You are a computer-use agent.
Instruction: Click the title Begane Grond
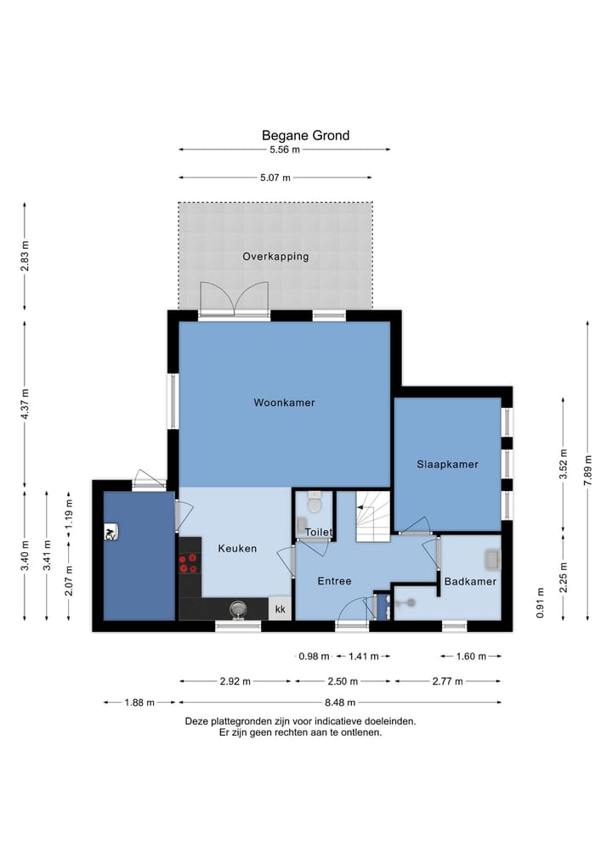(x=305, y=136)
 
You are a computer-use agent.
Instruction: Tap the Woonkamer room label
(x=285, y=403)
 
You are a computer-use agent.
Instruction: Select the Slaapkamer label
(x=448, y=465)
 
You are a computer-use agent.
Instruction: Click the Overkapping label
(x=275, y=257)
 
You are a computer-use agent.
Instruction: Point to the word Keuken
(x=238, y=548)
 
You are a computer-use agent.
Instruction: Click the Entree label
(x=335, y=581)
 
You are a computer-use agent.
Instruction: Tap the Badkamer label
(x=470, y=581)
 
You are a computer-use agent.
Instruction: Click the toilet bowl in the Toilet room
(x=314, y=502)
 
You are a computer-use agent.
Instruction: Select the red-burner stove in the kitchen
(x=188, y=563)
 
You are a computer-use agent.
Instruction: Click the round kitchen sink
(x=238, y=609)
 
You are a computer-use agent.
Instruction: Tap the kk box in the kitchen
(x=280, y=609)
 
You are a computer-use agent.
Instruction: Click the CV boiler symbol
(x=110, y=532)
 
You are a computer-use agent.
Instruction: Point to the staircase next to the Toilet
(x=372, y=517)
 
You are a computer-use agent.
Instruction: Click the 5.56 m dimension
(x=285, y=150)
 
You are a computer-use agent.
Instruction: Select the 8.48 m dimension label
(x=340, y=703)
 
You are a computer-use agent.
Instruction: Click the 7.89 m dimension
(x=587, y=471)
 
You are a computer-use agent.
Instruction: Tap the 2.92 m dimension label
(x=235, y=681)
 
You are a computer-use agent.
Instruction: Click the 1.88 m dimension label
(x=139, y=703)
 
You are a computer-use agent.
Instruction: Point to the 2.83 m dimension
(x=25, y=257)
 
